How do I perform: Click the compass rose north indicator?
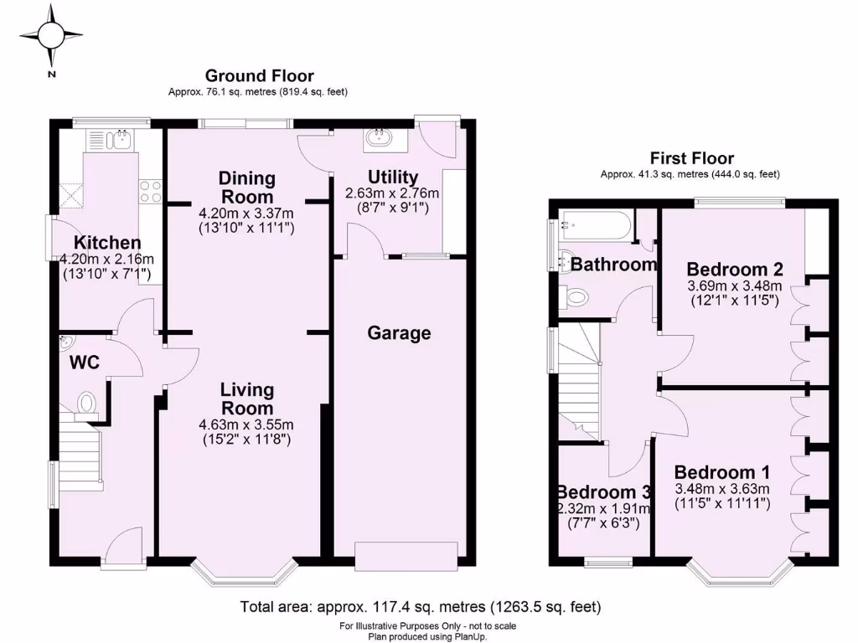coord(52,36)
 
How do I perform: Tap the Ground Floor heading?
coord(259,76)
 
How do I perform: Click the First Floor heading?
coord(691,158)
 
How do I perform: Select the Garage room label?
coord(399,333)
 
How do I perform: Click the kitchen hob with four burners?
coord(151,192)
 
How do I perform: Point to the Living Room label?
coord(247,399)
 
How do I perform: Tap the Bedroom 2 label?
coord(735,270)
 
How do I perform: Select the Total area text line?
coord(420,606)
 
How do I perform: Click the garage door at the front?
coord(406,553)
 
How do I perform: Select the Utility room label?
coord(393,177)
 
